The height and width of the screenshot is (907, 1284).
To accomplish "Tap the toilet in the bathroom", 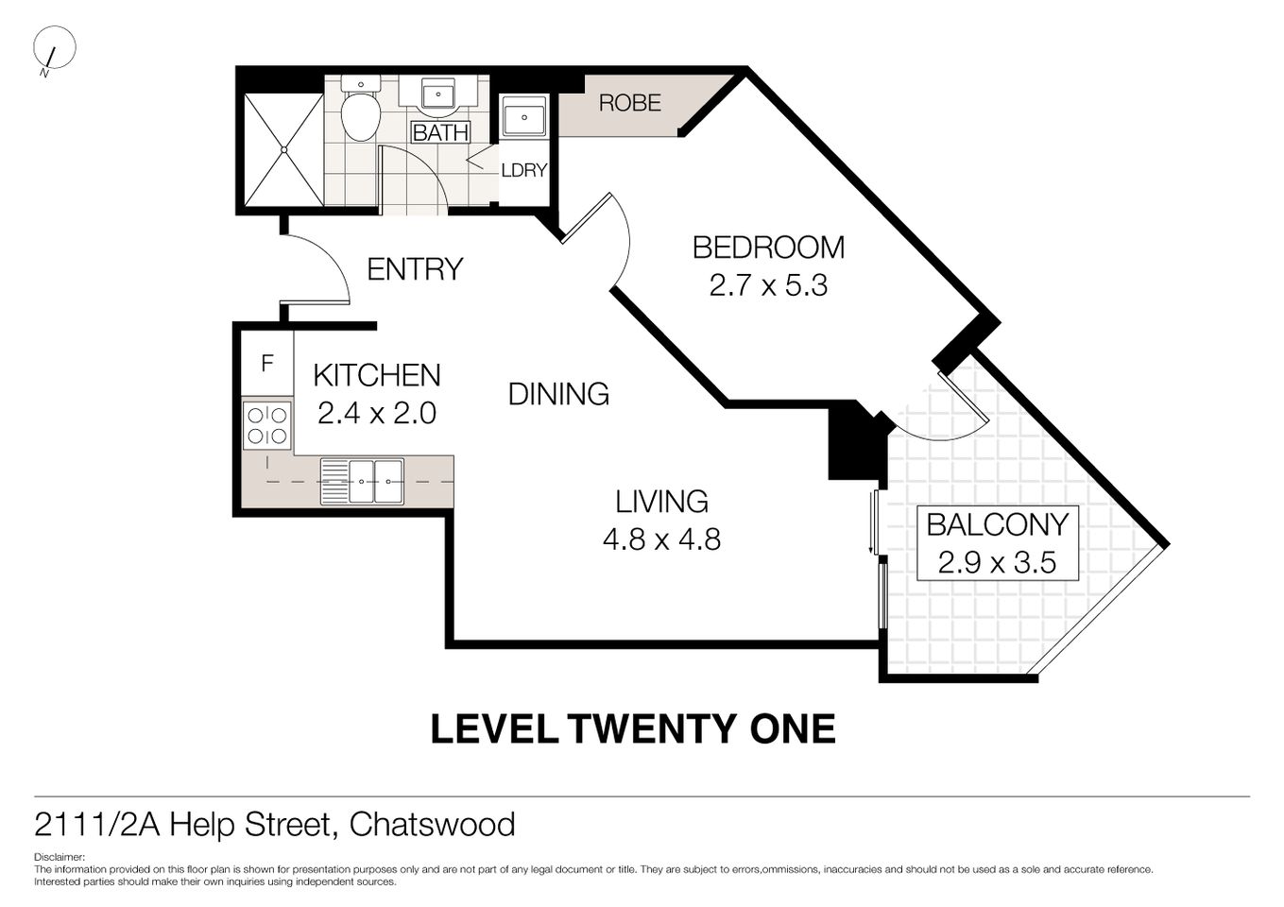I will [360, 112].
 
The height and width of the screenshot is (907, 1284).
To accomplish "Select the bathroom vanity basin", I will [437, 95].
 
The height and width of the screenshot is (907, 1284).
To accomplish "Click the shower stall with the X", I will [282, 149].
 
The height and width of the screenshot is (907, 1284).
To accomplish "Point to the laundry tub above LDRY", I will [523, 117].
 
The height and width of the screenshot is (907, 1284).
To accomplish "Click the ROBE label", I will [629, 103].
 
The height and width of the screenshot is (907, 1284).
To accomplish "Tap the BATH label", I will [440, 132].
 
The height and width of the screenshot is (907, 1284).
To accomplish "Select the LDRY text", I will [523, 171].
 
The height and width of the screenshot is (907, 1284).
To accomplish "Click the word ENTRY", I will [415, 269].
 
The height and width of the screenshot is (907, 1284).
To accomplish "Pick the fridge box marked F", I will [267, 363].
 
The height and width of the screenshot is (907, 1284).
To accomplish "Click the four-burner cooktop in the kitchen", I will [267, 424].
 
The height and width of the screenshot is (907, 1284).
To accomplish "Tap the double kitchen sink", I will [362, 481].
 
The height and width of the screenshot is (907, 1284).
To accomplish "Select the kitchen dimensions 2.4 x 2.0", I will [377, 413].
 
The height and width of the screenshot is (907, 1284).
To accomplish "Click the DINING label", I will [558, 394].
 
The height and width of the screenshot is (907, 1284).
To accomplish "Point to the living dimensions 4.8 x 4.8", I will [661, 539].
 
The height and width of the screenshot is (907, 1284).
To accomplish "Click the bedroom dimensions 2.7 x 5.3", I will [768, 285].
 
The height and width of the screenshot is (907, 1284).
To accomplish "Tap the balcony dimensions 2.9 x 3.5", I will [997, 563].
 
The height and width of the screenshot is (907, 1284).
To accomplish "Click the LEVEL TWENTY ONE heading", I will [633, 729].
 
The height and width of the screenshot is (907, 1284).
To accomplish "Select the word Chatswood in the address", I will [432, 825].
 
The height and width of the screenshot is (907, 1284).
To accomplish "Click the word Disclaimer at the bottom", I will [60, 858].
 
